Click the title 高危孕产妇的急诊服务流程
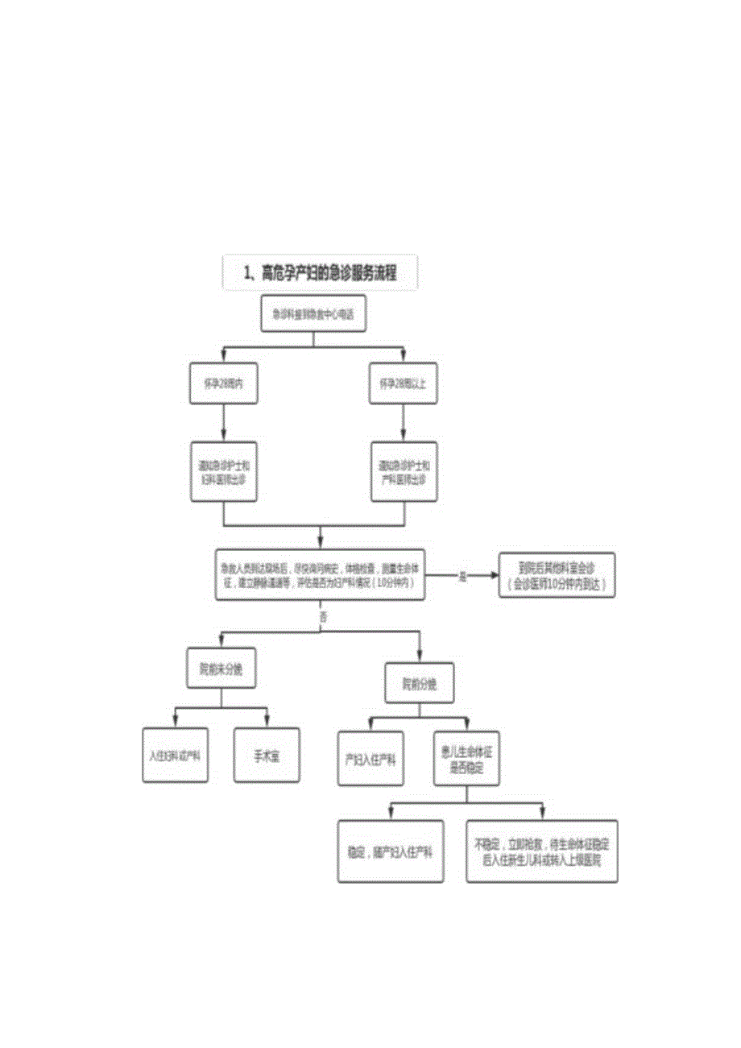click(x=320, y=274)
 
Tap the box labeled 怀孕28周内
click(x=223, y=383)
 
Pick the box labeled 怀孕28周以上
click(x=403, y=383)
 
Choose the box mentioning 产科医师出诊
click(x=403, y=472)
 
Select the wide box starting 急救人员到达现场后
click(x=321, y=575)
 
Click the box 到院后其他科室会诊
click(x=557, y=574)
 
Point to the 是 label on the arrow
click(x=462, y=575)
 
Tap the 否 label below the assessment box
click(x=323, y=617)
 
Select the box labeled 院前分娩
click(x=418, y=685)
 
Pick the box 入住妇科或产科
click(x=176, y=756)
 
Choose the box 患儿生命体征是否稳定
click(x=468, y=758)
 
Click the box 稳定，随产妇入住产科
click(x=390, y=851)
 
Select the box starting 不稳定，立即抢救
click(x=542, y=851)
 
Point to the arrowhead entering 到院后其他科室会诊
click(x=493, y=575)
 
